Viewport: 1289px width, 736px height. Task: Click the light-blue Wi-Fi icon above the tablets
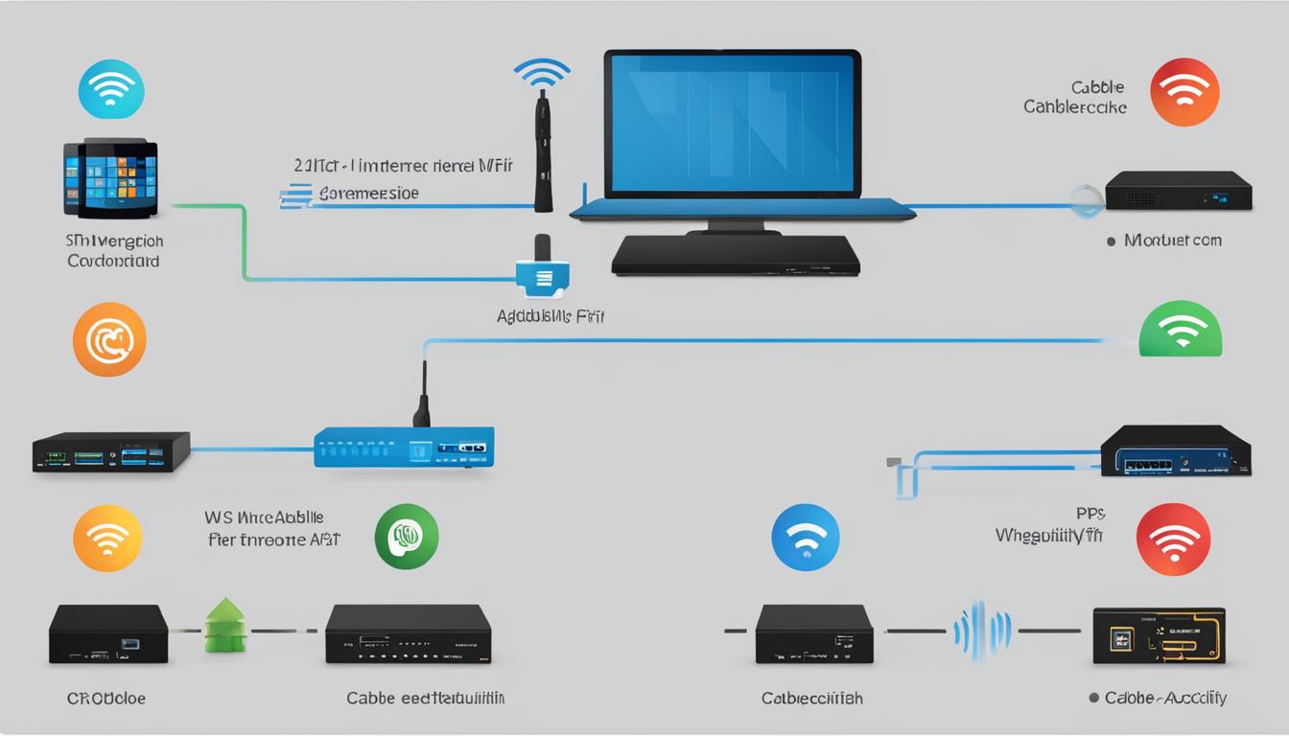(111, 88)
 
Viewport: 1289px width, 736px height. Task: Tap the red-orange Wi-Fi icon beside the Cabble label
(1184, 92)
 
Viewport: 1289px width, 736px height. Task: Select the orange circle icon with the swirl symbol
(109, 340)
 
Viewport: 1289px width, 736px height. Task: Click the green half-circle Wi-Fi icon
(1180, 331)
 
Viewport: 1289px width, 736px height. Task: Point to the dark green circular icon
(407, 537)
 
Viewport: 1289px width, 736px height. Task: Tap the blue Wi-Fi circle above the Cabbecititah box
(806, 538)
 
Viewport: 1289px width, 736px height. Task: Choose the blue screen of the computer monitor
(732, 123)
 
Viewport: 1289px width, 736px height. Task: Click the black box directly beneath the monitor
(736, 255)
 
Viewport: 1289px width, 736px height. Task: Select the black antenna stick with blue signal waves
(543, 144)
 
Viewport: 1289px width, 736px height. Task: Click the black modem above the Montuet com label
(1178, 191)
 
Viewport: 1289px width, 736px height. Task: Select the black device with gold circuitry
(1159, 635)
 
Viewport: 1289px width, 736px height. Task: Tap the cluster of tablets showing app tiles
(110, 177)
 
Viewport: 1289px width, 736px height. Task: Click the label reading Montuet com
(1173, 241)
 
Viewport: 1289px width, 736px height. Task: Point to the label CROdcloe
(106, 699)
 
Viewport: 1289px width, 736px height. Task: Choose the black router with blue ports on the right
(1175, 450)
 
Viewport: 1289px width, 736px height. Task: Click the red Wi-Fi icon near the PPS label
(1173, 540)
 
